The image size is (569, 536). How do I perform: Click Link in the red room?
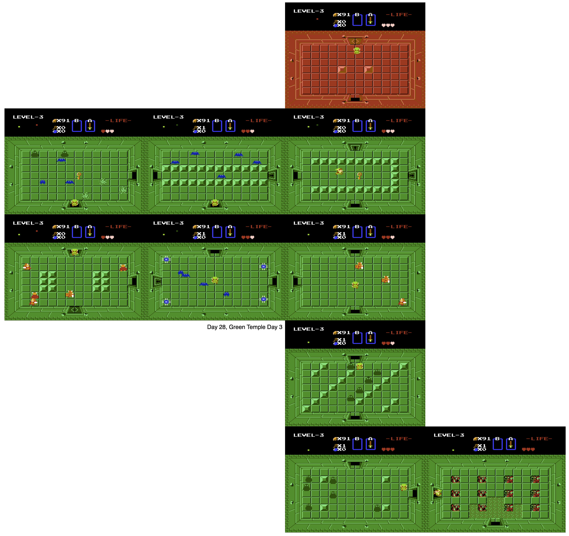pyautogui.click(x=357, y=51)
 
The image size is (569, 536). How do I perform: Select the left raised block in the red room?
pyautogui.click(x=342, y=69)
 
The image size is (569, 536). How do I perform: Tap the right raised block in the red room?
pyautogui.click(x=368, y=69)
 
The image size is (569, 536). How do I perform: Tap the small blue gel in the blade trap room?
pyautogui.click(x=226, y=294)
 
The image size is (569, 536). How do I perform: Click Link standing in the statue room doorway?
pyautogui.click(x=438, y=492)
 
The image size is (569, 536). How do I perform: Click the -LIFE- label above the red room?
pyautogui.click(x=399, y=15)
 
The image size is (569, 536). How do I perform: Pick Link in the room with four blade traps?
pyautogui.click(x=215, y=280)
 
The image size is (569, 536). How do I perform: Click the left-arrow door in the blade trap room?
pyautogui.click(x=157, y=282)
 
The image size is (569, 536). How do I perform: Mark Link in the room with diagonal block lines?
pyautogui.click(x=360, y=366)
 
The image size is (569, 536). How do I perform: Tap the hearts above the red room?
pyautogui.click(x=388, y=25)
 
